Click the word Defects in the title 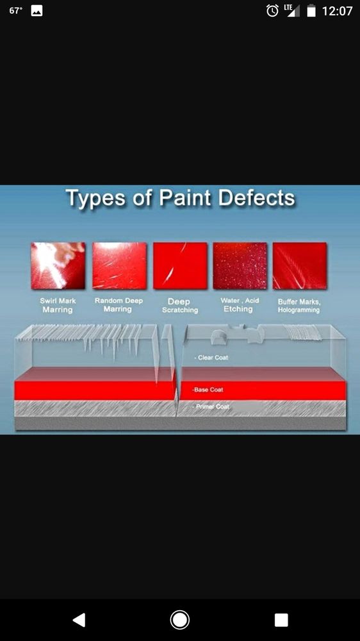coord(256,198)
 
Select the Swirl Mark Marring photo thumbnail coord(58,266)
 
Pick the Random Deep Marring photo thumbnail coord(119,266)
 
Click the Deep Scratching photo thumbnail coord(180,266)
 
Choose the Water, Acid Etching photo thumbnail coord(240,266)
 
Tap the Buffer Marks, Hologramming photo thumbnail coord(300,266)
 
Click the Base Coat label coord(208,390)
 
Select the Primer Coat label coord(211,407)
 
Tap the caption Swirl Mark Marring coord(58,305)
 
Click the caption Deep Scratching coord(180,306)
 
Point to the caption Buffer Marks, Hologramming coord(299,306)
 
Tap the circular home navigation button coord(179,620)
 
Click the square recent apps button coord(281,620)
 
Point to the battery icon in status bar coord(311,11)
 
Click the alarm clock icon coord(272,11)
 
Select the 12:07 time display coord(337,11)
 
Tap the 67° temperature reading coord(15,11)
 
